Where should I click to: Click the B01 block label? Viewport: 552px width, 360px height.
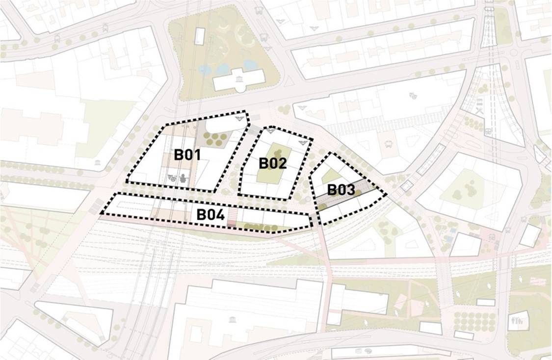pyautogui.click(x=187, y=155)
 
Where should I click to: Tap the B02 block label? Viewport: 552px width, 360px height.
pyautogui.click(x=273, y=163)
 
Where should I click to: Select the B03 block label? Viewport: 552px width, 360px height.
pyautogui.click(x=341, y=190)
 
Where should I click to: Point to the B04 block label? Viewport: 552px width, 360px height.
pyautogui.click(x=210, y=215)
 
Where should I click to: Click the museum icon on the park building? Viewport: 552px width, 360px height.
pyautogui.click(x=239, y=80)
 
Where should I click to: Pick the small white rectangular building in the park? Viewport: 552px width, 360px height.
pyautogui.click(x=200, y=35)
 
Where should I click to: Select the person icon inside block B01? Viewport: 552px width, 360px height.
pyautogui.click(x=184, y=178)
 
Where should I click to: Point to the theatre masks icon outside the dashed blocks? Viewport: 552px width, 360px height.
pyautogui.click(x=414, y=97)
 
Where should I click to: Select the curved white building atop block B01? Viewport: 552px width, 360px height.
pyautogui.click(x=223, y=126)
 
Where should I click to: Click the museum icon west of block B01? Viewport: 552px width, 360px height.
pyautogui.click(x=98, y=163)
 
